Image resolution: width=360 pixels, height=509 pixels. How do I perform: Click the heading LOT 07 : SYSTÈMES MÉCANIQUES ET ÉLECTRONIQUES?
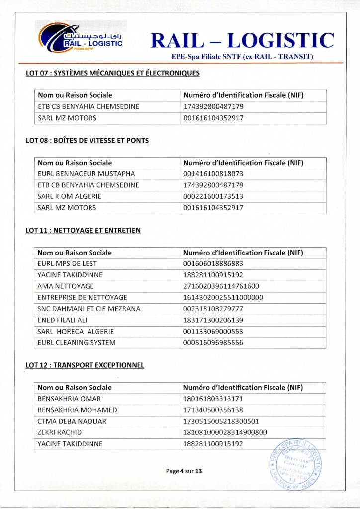(x=113, y=73)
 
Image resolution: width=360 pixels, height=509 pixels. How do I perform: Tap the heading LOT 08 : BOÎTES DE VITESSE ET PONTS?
(x=87, y=141)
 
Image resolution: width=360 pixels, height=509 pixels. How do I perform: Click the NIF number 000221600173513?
(x=213, y=196)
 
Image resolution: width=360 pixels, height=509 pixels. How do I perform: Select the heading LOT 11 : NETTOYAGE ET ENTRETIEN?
(x=83, y=230)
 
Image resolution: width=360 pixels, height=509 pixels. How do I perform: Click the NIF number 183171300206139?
(x=213, y=320)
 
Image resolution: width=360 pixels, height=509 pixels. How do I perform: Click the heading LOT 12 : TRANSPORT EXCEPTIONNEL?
(x=85, y=365)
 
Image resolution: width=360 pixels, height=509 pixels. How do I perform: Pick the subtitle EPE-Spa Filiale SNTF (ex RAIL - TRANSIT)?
(x=242, y=57)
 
